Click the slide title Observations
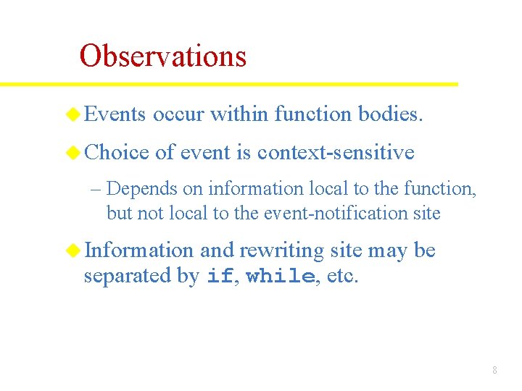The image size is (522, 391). pyautogui.click(x=163, y=56)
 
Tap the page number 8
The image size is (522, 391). pyautogui.click(x=494, y=370)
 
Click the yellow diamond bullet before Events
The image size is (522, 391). pyautogui.click(x=73, y=114)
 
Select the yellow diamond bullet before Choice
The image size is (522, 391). pyautogui.click(x=73, y=152)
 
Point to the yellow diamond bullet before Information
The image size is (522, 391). pyautogui.click(x=73, y=251)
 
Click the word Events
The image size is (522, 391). pyautogui.click(x=115, y=114)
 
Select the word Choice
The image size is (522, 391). pyautogui.click(x=117, y=152)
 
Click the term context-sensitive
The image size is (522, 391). pyautogui.click(x=336, y=152)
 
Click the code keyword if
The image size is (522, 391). pyautogui.click(x=220, y=277)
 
